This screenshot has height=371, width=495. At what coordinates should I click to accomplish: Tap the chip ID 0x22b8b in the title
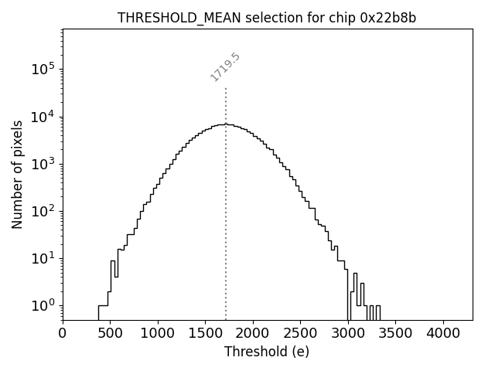[x=383, y=18]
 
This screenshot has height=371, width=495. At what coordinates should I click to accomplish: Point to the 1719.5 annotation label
[x=226, y=66]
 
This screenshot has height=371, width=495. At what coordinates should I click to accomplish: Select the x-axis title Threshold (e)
[x=267, y=352]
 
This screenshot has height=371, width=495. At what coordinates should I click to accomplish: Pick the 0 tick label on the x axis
[x=63, y=333]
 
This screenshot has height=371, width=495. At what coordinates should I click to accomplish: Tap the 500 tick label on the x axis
[x=110, y=333]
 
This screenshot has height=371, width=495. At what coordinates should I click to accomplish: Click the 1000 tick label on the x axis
[x=158, y=333]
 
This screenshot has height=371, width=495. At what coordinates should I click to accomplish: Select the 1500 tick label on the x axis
[x=205, y=333]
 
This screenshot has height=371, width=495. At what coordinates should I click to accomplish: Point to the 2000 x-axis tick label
[x=253, y=333]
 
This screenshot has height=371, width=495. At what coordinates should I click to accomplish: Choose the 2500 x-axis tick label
[x=300, y=333]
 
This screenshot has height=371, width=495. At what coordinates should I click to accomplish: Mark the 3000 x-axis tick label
[x=348, y=333]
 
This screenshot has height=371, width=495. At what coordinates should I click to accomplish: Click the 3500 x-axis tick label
[x=395, y=333]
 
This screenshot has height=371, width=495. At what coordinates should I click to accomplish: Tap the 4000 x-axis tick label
[x=443, y=333]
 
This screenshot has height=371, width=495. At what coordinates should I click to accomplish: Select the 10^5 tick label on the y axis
[x=43, y=69]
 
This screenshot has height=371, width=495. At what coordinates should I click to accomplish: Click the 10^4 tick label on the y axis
[x=43, y=116]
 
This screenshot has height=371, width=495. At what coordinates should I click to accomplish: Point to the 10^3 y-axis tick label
[x=43, y=164]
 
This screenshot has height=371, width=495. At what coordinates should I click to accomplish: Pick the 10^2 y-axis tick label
[x=43, y=211]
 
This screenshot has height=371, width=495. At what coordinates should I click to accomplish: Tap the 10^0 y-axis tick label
[x=43, y=305]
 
